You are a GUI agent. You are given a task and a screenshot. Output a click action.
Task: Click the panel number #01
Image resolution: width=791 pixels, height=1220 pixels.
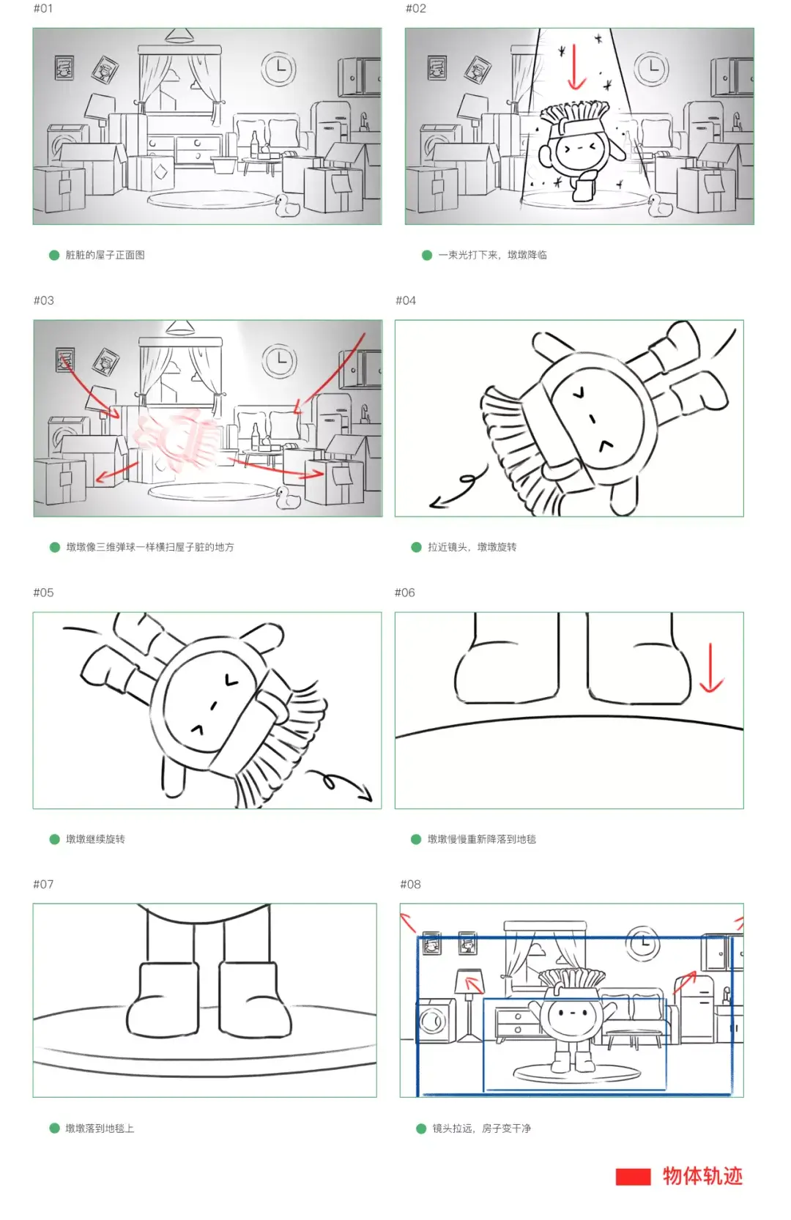tap(43, 9)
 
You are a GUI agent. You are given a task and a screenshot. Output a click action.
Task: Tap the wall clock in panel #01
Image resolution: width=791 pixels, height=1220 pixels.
tap(278, 68)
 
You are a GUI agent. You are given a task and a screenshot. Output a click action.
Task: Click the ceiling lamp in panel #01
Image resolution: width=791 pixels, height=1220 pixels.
tap(179, 36)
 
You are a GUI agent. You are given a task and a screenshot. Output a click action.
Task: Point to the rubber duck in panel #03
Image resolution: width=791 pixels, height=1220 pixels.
tap(288, 498)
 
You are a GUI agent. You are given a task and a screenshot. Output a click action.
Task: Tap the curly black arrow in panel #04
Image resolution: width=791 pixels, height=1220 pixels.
tap(458, 486)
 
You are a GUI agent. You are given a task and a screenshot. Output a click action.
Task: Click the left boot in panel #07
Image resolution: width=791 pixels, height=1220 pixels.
tap(163, 999)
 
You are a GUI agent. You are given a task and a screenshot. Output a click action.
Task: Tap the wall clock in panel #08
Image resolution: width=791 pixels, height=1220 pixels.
tap(643, 942)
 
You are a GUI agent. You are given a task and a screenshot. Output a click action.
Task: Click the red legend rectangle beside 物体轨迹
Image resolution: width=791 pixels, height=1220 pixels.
tap(633, 1177)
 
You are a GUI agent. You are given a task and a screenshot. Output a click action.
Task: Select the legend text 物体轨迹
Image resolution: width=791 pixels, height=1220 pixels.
tap(703, 1176)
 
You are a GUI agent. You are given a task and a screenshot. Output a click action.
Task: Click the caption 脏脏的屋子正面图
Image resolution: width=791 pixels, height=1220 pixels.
tap(105, 255)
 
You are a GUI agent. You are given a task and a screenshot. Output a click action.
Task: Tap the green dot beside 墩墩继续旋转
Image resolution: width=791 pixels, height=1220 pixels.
tap(54, 839)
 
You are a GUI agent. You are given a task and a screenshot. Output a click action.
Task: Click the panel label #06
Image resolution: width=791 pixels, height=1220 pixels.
tap(405, 592)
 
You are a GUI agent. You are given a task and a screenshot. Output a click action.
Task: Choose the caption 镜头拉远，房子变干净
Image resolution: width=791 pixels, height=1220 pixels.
tap(482, 1128)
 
